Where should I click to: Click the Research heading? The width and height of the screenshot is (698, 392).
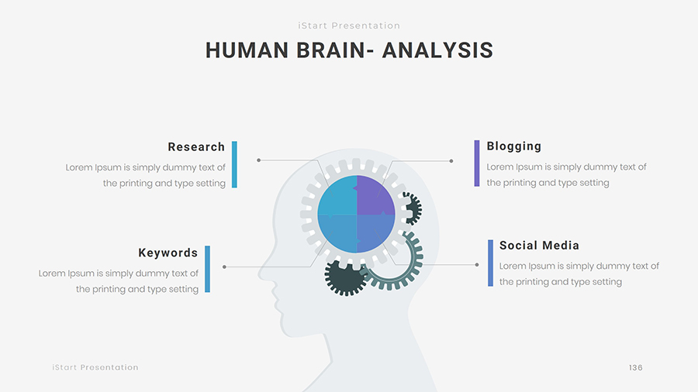[196, 147]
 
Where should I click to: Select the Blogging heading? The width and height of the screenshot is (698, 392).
[513, 146]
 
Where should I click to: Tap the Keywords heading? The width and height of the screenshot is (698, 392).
[168, 253]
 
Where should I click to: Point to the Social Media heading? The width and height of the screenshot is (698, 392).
[539, 246]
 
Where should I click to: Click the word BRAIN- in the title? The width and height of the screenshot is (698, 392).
[335, 50]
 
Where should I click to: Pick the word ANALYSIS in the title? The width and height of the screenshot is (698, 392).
[437, 50]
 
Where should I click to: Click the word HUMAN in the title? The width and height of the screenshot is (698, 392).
[247, 50]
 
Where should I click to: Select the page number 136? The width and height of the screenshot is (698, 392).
[636, 367]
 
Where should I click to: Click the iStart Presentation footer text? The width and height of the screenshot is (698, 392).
[95, 367]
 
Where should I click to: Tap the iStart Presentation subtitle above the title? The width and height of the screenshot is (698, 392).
[349, 26]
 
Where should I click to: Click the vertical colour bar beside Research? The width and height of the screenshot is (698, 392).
[234, 164]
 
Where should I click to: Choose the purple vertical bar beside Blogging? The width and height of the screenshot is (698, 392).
[477, 163]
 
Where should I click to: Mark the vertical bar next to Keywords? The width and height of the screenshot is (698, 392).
[207, 269]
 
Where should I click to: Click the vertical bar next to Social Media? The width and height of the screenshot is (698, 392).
[491, 263]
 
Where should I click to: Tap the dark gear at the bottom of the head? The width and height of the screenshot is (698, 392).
[345, 278]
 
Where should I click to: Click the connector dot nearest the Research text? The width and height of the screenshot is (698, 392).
[258, 160]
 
